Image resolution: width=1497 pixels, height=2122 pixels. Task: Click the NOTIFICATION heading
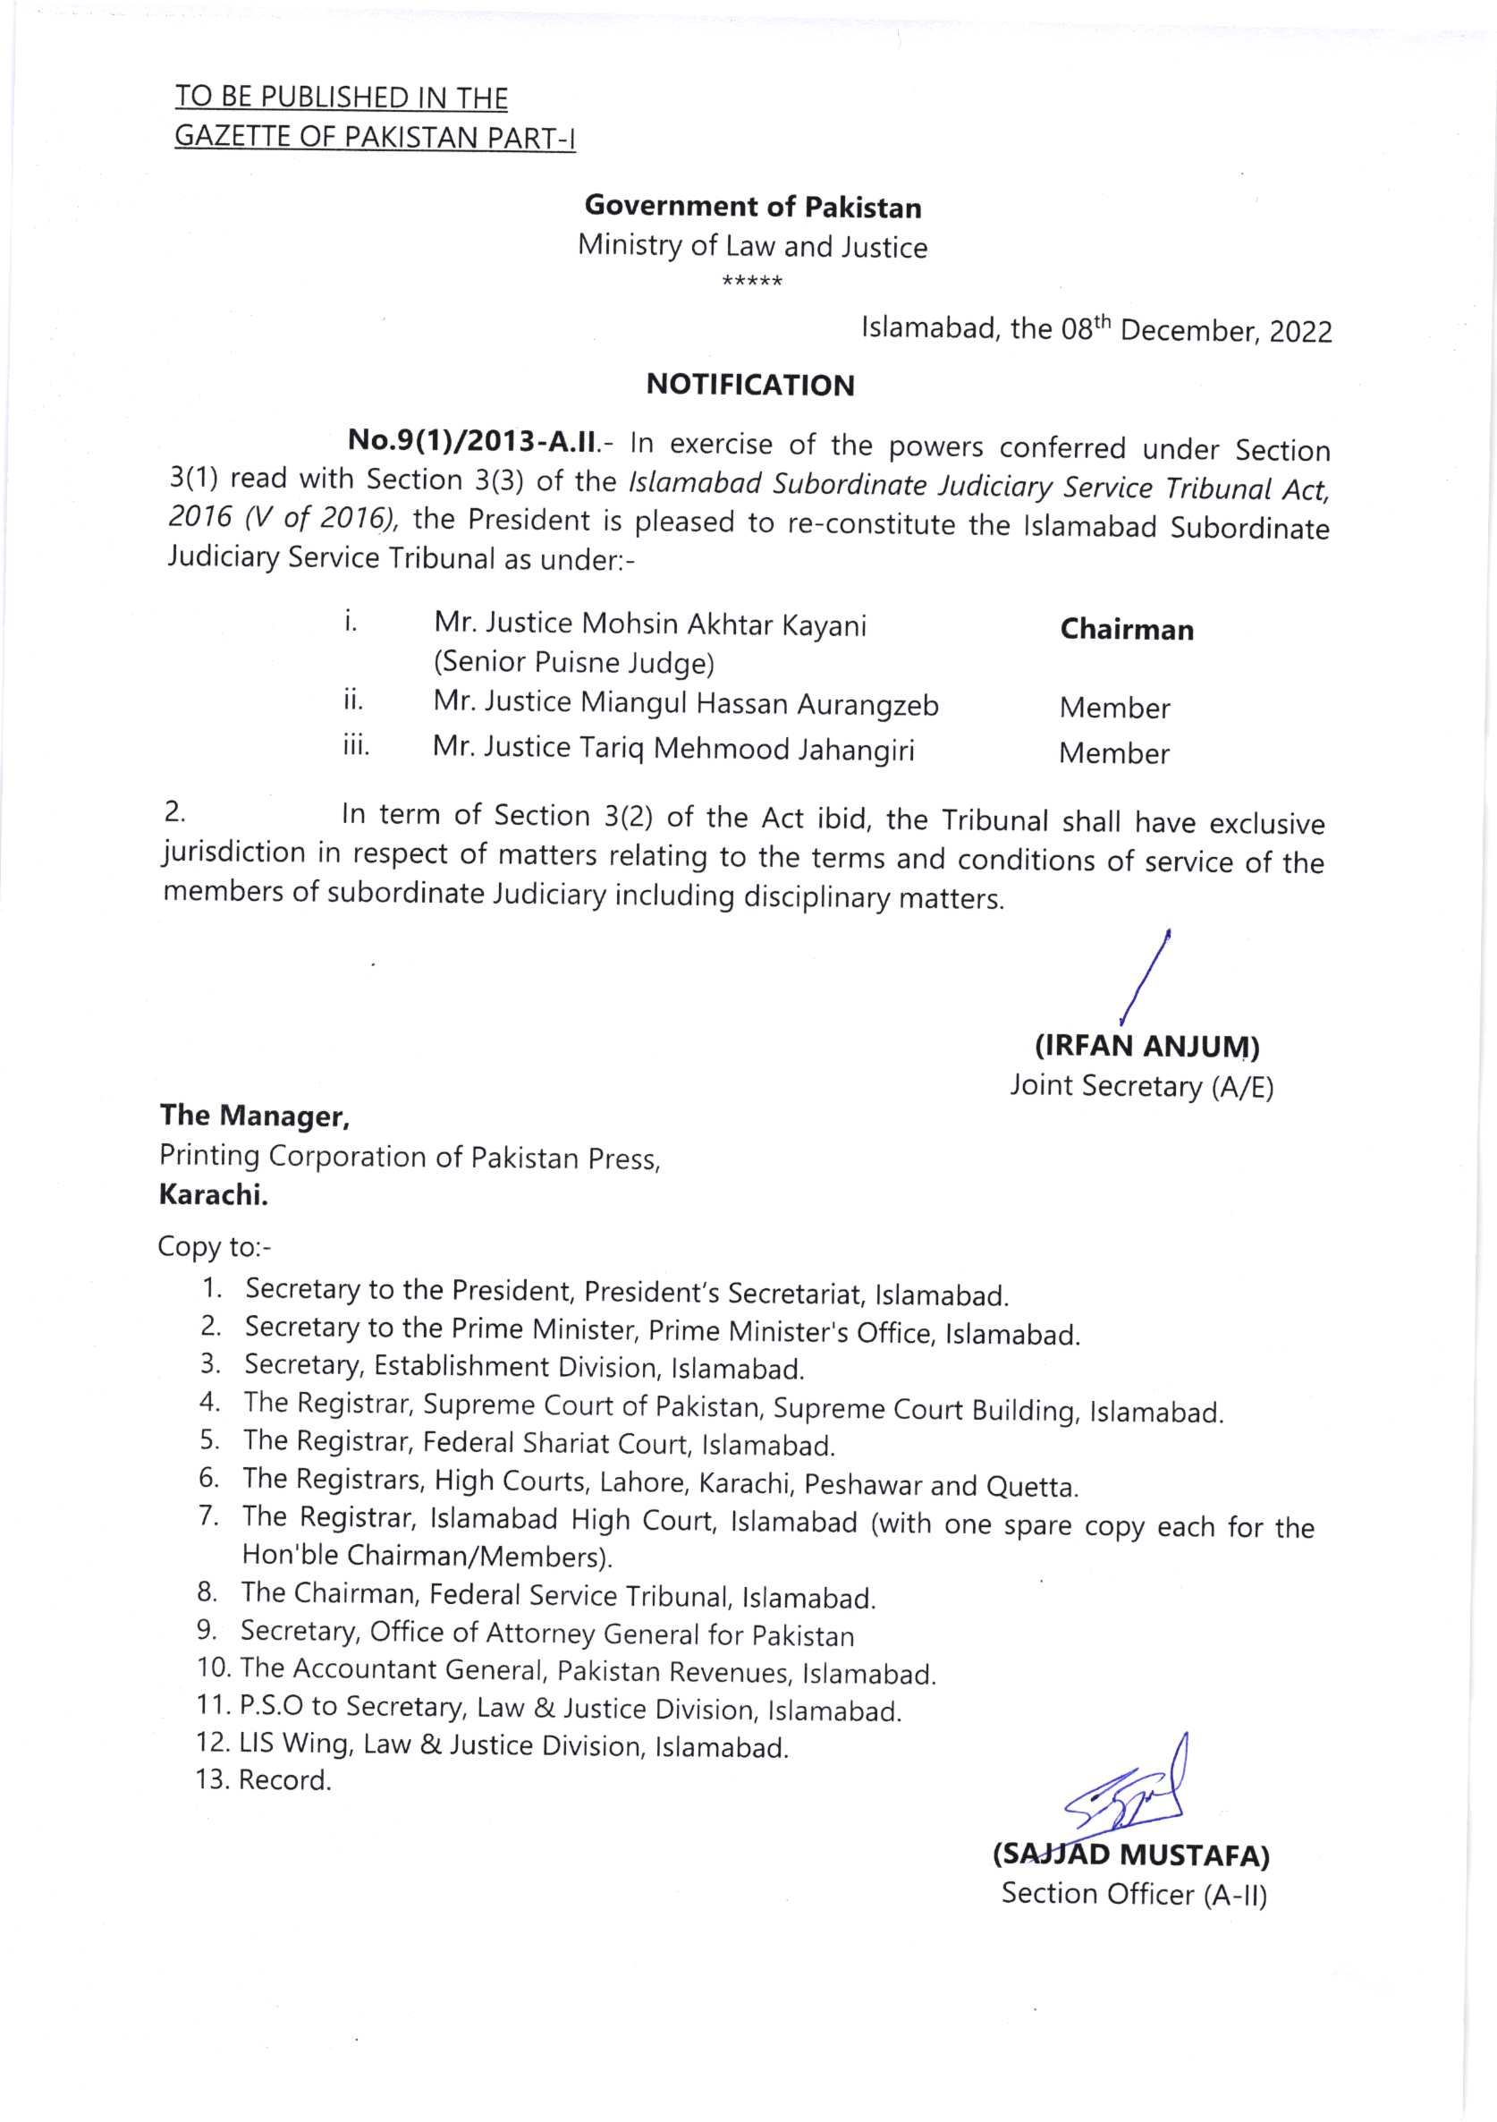point(749,385)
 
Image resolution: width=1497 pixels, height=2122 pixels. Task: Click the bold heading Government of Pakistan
point(753,207)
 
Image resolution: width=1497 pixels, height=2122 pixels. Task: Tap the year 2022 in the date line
point(1300,332)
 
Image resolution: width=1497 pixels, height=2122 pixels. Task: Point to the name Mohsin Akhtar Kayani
point(723,625)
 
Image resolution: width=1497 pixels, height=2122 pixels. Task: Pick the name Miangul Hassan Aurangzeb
point(758,704)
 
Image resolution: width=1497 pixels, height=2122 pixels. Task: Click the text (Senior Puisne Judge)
point(574,663)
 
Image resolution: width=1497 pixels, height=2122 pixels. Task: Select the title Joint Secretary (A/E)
point(1141,1086)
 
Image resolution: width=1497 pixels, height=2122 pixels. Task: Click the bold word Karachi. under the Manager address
point(214,1195)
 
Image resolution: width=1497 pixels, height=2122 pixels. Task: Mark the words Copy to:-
point(215,1247)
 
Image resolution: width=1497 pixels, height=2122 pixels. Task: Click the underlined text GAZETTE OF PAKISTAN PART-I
point(376,138)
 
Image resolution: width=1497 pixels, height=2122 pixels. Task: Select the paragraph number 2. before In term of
point(174,812)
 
